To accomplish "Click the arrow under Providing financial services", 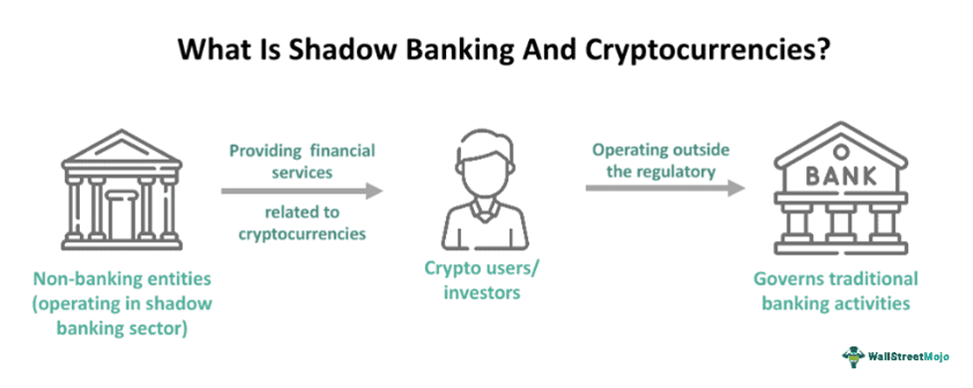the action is pyautogui.click(x=302, y=191).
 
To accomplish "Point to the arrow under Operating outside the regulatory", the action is pyautogui.click(x=666, y=188).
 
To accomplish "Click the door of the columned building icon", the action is pyautogui.click(x=122, y=217).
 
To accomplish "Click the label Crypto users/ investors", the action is pyautogui.click(x=481, y=279).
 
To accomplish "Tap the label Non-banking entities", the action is pyautogui.click(x=122, y=278).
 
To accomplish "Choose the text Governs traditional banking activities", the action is pyautogui.click(x=835, y=290).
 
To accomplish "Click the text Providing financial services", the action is pyautogui.click(x=302, y=161).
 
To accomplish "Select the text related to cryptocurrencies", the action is pyautogui.click(x=302, y=223).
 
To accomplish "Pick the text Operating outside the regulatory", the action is pyautogui.click(x=662, y=160).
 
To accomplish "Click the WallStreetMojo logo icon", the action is pyautogui.click(x=852, y=356).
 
